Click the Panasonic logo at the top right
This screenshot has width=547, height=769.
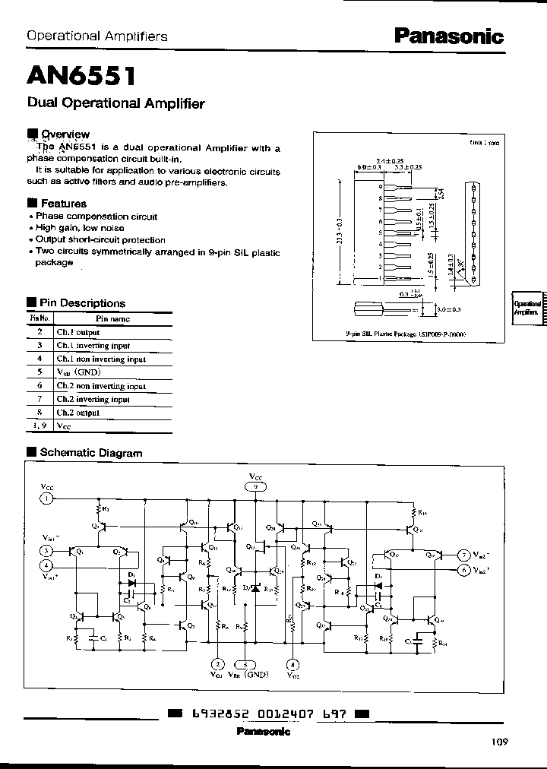coord(447,35)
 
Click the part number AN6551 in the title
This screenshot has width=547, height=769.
coord(82,76)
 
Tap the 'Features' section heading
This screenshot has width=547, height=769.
coord(63,204)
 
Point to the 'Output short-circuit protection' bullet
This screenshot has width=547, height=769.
coord(100,239)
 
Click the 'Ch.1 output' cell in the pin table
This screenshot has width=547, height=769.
coord(78,333)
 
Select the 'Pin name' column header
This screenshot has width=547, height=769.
coord(112,319)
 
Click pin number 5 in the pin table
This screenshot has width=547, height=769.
coord(40,372)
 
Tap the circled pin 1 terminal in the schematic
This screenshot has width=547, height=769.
coord(47,498)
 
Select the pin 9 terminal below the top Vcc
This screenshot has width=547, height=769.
coord(257,487)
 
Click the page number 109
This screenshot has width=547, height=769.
coord(498,742)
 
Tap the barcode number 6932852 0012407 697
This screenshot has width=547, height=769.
coord(267,714)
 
